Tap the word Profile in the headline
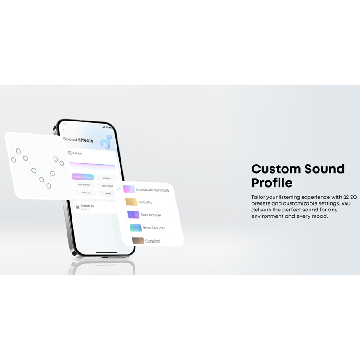(x=272, y=183)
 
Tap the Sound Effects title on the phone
(x=78, y=140)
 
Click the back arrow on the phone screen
(x=63, y=130)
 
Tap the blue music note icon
(x=106, y=143)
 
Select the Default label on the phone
(x=77, y=153)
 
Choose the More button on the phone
(x=108, y=193)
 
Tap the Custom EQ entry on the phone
(x=87, y=206)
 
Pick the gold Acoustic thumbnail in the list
(x=130, y=202)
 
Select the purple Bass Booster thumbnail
(x=133, y=215)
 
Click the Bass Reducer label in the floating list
(x=154, y=228)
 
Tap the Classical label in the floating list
(x=153, y=241)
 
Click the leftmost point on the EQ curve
(x=13, y=160)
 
